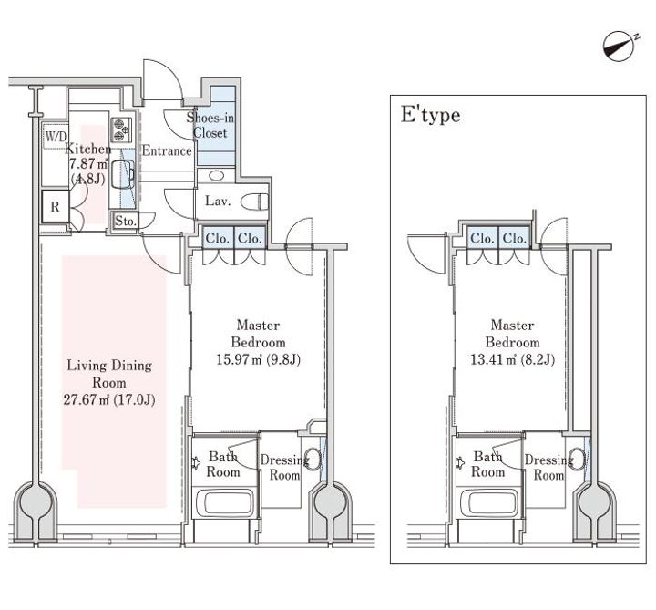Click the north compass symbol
(x=620, y=47)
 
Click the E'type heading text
(x=430, y=115)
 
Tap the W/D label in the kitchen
(x=56, y=136)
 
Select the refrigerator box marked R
(x=56, y=207)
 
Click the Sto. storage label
(x=126, y=221)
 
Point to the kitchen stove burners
(x=121, y=129)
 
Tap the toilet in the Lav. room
(x=255, y=202)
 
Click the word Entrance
(x=167, y=150)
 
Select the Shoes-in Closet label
(x=210, y=125)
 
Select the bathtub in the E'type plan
(x=487, y=503)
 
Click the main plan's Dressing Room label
(x=284, y=468)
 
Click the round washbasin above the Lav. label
(x=216, y=175)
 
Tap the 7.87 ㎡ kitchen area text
(x=88, y=164)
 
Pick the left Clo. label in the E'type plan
(x=482, y=239)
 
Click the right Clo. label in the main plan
(x=250, y=239)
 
